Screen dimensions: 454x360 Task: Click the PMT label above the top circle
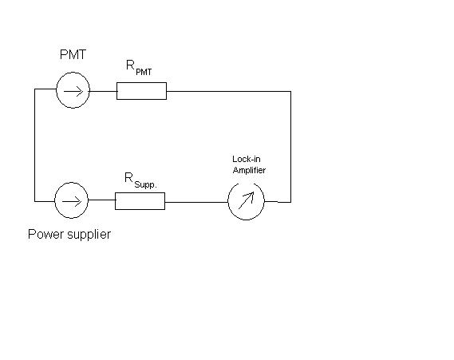73,54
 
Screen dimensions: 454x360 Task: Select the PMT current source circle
56,90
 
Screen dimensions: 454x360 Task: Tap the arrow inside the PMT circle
73,92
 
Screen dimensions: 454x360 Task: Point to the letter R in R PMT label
130,65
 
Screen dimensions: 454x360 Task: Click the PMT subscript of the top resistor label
144,72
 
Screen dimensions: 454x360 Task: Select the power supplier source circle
55,200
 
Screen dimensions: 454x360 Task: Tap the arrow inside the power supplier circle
72,202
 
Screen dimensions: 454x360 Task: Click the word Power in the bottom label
45,234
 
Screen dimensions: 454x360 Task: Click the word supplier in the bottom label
89,235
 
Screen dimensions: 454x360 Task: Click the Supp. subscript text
145,184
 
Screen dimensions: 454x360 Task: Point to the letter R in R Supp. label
128,177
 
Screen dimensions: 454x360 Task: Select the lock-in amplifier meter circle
228,202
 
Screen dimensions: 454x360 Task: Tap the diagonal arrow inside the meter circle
247,200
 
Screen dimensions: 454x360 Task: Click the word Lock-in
247,159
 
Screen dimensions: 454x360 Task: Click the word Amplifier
249,170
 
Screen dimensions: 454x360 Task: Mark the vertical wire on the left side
35,145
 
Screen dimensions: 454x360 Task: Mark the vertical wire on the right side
290,147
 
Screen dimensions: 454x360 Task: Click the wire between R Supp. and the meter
196,202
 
